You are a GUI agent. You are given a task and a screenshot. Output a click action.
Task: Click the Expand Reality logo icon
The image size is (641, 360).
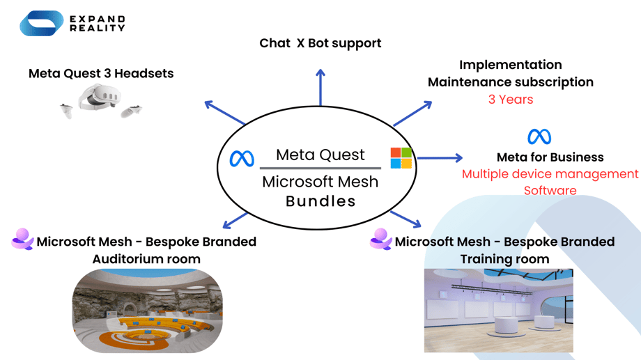coord(41,24)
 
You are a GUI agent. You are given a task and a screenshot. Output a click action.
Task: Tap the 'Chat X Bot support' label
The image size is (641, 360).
coord(320,43)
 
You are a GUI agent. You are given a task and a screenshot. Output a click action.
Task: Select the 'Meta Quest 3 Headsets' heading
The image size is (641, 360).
coord(101,73)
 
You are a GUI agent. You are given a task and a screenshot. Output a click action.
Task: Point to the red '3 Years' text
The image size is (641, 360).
coord(510,100)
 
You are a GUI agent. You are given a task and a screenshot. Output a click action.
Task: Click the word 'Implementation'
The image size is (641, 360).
coord(510,65)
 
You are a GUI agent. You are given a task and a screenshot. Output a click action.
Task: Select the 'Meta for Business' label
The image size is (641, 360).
coord(550,157)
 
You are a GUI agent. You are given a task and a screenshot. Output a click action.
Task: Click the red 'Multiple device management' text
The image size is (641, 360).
coord(550,174)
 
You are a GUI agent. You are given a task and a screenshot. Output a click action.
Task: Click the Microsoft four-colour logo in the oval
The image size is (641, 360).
coord(401,158)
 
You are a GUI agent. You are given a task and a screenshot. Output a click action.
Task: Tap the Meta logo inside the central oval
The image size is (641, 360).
coord(242,159)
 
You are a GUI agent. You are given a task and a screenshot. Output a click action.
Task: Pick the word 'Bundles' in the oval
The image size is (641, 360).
coord(320,201)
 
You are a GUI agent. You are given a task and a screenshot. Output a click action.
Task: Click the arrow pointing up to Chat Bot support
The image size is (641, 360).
coord(320,87)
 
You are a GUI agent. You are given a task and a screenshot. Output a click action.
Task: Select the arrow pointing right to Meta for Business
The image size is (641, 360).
coord(440,158)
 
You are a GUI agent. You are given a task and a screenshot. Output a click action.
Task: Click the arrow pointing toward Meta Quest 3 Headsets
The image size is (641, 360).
coord(224,114)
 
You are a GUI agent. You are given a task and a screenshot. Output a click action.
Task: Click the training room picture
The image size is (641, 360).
coord(498,310)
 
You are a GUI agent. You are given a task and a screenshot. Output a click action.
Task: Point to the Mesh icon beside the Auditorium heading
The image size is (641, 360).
coord(22,240)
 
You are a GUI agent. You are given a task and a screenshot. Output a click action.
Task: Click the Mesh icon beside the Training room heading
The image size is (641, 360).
coord(380,240)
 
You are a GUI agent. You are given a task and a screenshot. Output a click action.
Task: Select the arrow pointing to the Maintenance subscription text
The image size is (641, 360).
coord(412,114)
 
